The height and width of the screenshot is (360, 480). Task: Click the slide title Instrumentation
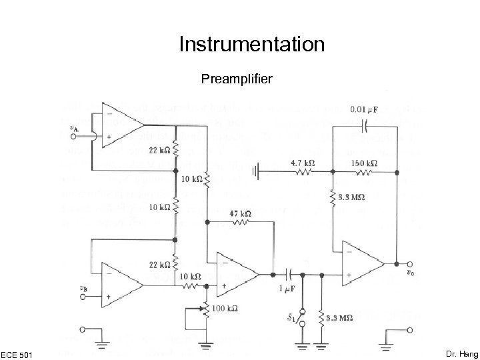coord(252,45)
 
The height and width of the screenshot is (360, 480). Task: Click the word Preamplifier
coord(237,80)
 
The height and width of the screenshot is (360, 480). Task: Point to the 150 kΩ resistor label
coord(364,162)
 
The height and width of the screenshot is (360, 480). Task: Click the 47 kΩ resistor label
coord(240,214)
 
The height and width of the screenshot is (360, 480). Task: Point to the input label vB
coord(83,288)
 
